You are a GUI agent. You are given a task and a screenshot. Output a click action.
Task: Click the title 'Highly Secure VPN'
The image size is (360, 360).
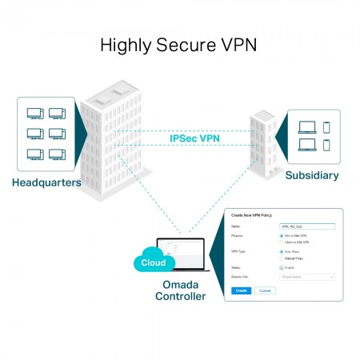pyautogui.click(x=179, y=45)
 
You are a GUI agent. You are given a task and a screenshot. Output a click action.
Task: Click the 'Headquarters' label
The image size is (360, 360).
pyautogui.click(x=46, y=182)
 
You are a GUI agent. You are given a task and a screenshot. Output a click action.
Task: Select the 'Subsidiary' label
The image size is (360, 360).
pyautogui.click(x=311, y=175)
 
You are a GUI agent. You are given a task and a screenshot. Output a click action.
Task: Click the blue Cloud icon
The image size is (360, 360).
pyautogui.click(x=152, y=262)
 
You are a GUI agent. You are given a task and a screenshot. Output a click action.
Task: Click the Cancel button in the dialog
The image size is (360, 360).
pyautogui.click(x=265, y=290)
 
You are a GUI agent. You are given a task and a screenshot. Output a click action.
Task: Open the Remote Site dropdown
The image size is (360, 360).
pyautogui.click(x=306, y=277)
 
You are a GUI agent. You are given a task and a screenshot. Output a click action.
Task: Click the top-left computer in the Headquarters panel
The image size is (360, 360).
pyautogui.click(x=35, y=114)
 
